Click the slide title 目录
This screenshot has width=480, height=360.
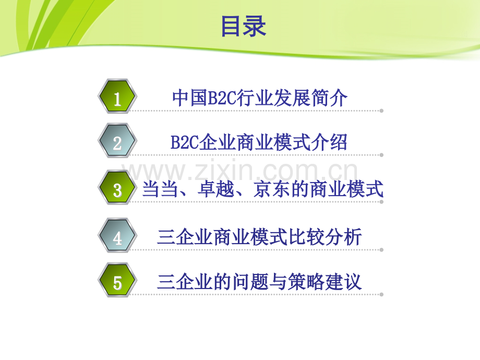pos(243,26)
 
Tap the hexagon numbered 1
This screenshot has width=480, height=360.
pos(117,97)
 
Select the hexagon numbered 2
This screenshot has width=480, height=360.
pos(117,142)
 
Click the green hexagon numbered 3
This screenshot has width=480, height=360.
pos(117,189)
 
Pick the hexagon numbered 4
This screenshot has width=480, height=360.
pos(117,237)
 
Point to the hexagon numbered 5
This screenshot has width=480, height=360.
pos(117,282)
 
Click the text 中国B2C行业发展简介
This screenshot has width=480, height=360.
pos(259,98)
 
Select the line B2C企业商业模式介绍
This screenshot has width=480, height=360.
pos(259,142)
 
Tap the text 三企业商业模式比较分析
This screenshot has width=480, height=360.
pos(259,237)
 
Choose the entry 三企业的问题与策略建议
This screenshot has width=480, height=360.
pos(259,282)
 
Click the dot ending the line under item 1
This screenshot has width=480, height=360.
pos(381,111)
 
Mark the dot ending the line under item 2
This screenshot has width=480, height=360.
pos(381,155)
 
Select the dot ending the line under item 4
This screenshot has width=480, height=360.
pos(381,250)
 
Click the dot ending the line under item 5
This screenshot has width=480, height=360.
pos(381,294)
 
